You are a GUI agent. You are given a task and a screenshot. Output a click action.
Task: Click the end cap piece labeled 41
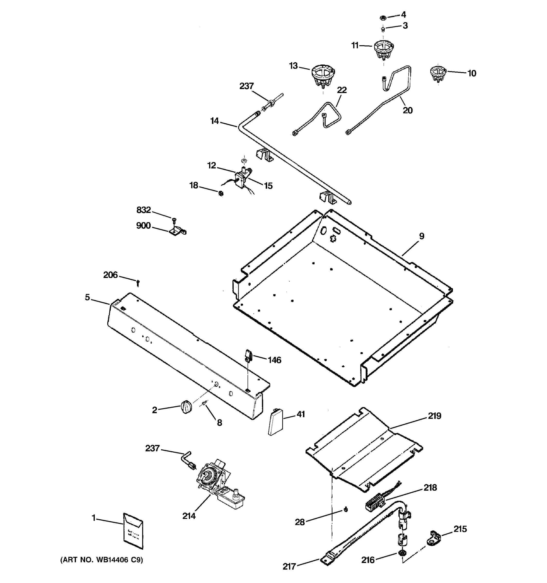click(275, 421)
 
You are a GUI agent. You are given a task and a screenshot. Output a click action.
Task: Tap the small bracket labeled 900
click(177, 232)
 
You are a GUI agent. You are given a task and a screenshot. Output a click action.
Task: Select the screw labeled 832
click(174, 219)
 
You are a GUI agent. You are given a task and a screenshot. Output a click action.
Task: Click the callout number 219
click(434, 416)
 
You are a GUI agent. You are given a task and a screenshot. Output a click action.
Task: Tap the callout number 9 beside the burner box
click(421, 236)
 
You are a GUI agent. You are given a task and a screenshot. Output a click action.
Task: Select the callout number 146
click(274, 360)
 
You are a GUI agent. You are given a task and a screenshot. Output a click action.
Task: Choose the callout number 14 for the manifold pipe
click(214, 121)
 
